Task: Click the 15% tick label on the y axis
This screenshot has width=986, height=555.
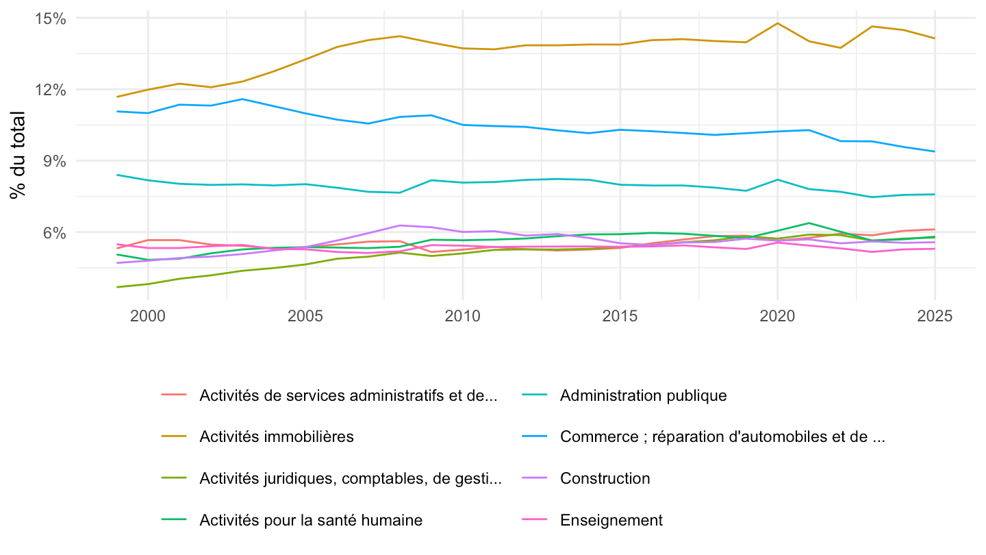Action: point(50,18)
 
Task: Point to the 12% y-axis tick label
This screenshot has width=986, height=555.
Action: point(50,90)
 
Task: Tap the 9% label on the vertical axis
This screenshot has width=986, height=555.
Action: point(54,161)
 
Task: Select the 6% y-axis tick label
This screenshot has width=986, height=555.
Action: point(54,232)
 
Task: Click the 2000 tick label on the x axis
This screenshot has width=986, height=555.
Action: point(148,316)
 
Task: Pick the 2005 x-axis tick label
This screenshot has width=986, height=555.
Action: point(305,316)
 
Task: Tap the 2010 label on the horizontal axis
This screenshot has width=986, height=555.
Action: point(463,316)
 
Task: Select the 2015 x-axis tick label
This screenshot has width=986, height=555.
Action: point(620,316)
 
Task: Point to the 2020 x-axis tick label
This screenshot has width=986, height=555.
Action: point(777,316)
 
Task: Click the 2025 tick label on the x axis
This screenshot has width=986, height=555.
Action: point(935,316)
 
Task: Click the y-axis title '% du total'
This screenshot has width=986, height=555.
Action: point(18,155)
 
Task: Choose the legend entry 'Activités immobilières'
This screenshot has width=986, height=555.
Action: point(277,436)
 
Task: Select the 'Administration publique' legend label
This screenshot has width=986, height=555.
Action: point(643,395)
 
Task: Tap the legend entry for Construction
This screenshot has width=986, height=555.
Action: point(605,478)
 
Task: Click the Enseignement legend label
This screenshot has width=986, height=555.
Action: point(611,520)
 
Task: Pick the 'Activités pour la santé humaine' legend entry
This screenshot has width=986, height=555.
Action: point(311,520)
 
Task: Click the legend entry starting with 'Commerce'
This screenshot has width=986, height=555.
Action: point(722,436)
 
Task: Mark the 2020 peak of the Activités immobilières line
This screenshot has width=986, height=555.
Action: point(777,23)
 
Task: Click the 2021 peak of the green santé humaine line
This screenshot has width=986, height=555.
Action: point(809,223)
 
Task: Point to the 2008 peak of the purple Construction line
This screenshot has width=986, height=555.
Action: point(400,225)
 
